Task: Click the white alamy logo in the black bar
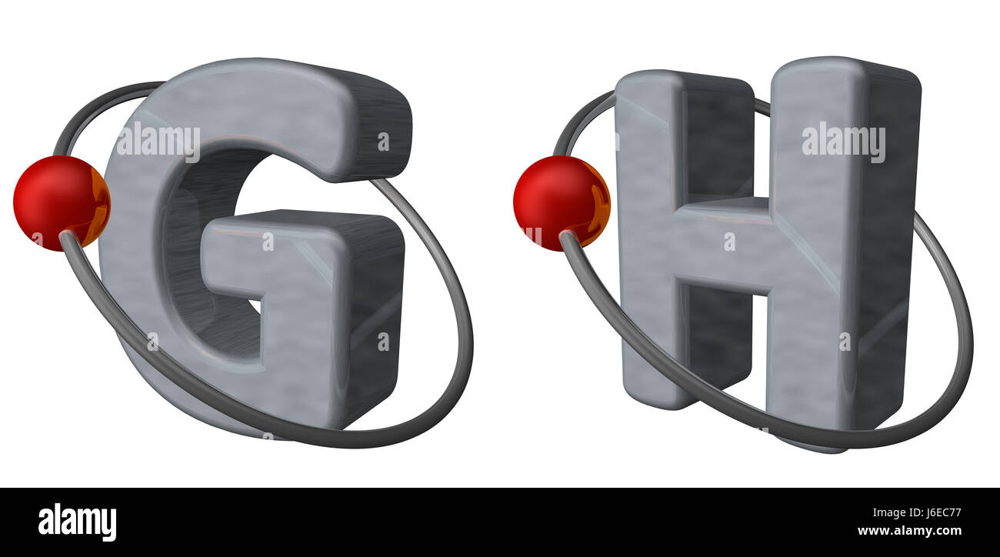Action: pyautogui.click(x=77, y=522)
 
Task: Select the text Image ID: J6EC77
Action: pyautogui.click(x=917, y=512)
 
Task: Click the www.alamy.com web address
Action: pyautogui.click(x=909, y=531)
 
